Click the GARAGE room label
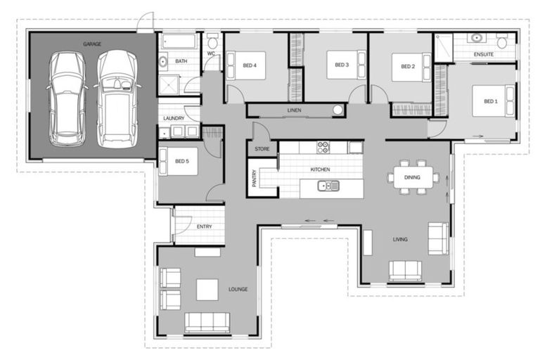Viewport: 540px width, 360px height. (92, 44)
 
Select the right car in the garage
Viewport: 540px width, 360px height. (115, 97)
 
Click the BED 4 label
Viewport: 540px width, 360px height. (250, 65)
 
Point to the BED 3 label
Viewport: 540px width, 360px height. (341, 65)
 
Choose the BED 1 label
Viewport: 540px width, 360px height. (490, 101)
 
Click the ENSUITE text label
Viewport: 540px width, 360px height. (483, 54)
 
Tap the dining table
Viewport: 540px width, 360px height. (413, 176)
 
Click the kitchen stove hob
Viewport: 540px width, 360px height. (323, 147)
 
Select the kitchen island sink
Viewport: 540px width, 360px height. (328, 186)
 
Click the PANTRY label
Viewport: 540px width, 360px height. (255, 179)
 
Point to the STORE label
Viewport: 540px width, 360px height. (262, 149)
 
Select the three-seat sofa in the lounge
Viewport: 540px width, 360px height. (207, 322)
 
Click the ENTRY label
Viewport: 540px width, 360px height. (205, 226)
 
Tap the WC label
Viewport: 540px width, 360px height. (211, 54)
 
